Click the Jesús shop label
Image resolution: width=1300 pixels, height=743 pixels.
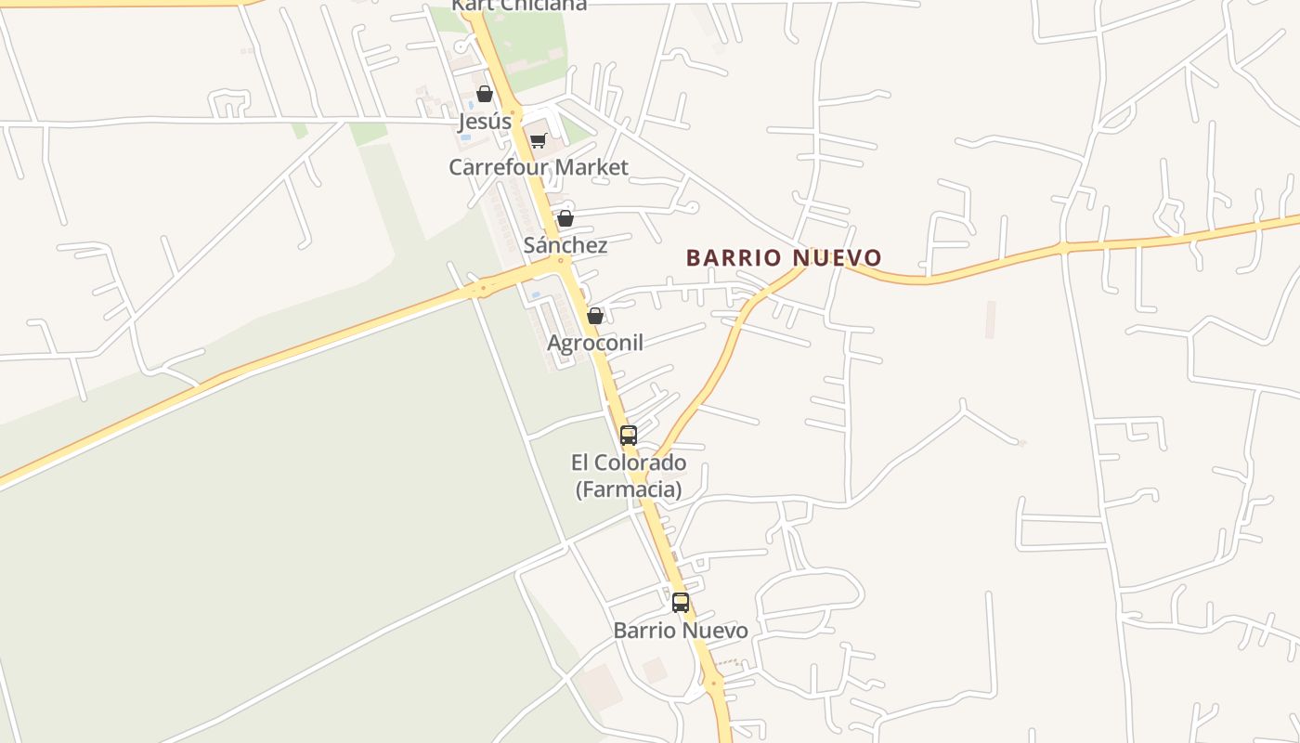click(485, 122)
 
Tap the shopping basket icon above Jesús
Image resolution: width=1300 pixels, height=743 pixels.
click(484, 94)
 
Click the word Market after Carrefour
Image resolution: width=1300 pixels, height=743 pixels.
click(587, 167)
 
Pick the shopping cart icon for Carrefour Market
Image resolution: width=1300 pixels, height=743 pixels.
click(538, 141)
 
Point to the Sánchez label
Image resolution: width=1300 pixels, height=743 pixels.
click(565, 245)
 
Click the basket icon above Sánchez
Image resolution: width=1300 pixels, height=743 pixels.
click(565, 219)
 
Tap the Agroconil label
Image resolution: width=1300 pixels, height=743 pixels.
click(595, 343)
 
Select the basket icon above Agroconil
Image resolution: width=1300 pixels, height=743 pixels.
click(595, 317)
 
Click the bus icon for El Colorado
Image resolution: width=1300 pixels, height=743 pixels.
click(629, 435)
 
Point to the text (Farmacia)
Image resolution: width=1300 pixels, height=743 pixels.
click(629, 489)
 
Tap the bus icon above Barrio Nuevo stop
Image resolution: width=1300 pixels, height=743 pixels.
click(681, 602)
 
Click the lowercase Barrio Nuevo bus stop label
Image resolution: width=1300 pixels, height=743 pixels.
click(681, 631)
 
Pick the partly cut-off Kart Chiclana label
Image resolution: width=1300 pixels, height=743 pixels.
click(520, 6)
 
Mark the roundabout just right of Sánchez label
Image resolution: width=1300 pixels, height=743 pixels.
click(560, 262)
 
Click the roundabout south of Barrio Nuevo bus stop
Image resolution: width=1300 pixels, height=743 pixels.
click(713, 683)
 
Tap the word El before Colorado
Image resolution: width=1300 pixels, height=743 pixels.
click(581, 463)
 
